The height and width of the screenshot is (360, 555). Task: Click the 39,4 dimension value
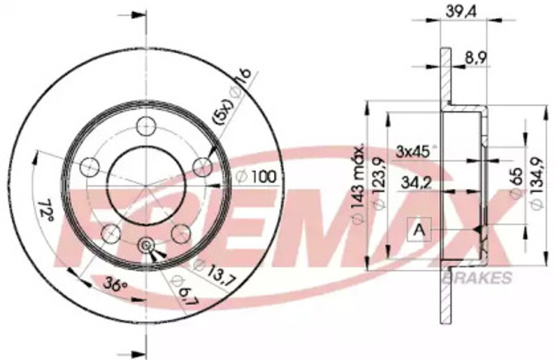coord(460,11)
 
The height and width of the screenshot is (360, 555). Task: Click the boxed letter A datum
coord(419,230)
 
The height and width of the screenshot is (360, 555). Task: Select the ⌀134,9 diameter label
coord(538,183)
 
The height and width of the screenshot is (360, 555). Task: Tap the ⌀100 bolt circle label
coord(257,176)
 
